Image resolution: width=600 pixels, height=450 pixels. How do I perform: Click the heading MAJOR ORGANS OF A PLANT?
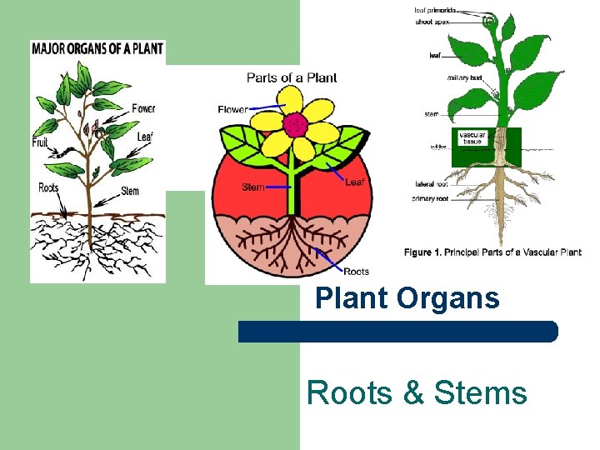click(97, 48)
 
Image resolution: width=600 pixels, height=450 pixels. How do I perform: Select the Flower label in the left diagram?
click(143, 108)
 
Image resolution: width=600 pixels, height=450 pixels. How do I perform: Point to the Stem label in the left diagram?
click(130, 191)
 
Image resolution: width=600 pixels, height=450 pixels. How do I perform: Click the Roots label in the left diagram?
click(49, 187)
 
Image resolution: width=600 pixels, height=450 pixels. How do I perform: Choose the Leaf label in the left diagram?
click(147, 136)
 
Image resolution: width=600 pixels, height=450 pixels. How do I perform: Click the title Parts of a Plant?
click(292, 77)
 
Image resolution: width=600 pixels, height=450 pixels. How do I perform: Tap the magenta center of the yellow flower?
click(293, 125)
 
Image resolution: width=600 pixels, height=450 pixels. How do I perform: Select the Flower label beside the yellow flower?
click(232, 109)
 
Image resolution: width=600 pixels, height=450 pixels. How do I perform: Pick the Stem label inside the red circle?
click(253, 187)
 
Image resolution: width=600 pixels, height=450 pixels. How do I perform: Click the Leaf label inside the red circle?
click(356, 182)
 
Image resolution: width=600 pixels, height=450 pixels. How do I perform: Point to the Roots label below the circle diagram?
click(357, 271)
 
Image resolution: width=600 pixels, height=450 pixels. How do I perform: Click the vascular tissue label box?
click(472, 137)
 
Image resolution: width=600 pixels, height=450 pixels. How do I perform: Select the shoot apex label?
click(432, 22)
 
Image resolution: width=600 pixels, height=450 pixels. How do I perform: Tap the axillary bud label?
click(464, 77)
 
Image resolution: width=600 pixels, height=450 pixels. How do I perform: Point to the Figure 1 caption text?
click(492, 252)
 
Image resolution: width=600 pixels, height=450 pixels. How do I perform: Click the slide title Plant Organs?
click(407, 298)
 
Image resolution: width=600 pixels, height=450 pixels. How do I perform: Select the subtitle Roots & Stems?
click(417, 392)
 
